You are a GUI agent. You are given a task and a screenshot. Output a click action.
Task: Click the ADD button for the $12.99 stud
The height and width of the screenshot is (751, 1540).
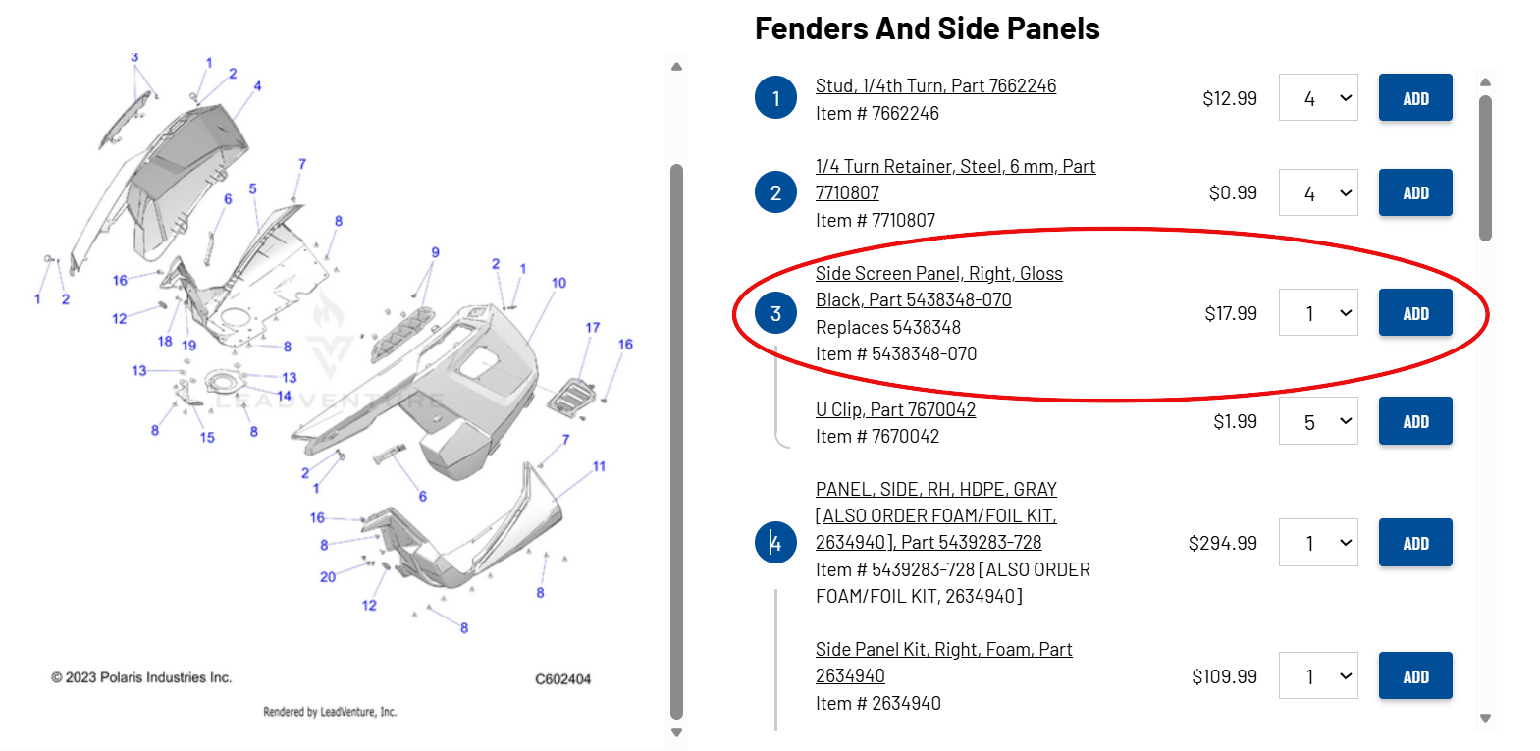[x=1415, y=97]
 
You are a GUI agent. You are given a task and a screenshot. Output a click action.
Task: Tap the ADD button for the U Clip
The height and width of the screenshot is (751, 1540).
[x=1415, y=421]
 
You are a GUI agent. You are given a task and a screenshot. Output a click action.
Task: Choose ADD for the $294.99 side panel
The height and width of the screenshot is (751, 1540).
[x=1415, y=543]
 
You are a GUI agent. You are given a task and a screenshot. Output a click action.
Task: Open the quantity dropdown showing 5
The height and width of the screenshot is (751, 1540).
[x=1318, y=421]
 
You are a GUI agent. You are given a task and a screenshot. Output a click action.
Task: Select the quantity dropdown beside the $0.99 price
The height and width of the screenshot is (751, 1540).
[x=1318, y=192]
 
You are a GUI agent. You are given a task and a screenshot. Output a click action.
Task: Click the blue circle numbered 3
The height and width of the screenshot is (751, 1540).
[x=775, y=313]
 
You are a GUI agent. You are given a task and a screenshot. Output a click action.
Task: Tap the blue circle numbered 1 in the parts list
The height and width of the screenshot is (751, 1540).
[x=775, y=97]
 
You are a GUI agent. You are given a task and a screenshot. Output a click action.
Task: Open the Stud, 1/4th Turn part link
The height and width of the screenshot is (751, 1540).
[x=935, y=86]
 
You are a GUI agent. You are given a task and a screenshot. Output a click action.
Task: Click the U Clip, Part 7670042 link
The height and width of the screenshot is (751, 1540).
[x=895, y=410]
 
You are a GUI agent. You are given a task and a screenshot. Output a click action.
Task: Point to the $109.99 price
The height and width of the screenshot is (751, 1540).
[x=1224, y=676]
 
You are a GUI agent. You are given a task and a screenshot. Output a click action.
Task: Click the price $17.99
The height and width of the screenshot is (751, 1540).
[x=1231, y=313]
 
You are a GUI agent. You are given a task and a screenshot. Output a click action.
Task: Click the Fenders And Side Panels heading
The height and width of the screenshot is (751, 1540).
[x=928, y=28]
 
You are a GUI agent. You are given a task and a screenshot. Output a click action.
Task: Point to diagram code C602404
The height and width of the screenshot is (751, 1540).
[x=563, y=679]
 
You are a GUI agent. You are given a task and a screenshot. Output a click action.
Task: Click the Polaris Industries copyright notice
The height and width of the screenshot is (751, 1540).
[x=141, y=677]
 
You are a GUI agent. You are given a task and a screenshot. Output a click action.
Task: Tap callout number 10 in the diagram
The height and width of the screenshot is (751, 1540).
[x=558, y=283]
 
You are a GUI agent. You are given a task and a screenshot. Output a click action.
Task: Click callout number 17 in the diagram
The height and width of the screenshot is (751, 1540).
[x=593, y=327]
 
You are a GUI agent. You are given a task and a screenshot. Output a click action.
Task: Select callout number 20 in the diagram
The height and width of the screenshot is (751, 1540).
[x=328, y=577]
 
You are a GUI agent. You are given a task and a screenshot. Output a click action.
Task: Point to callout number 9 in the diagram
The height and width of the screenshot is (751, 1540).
[x=435, y=252]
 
